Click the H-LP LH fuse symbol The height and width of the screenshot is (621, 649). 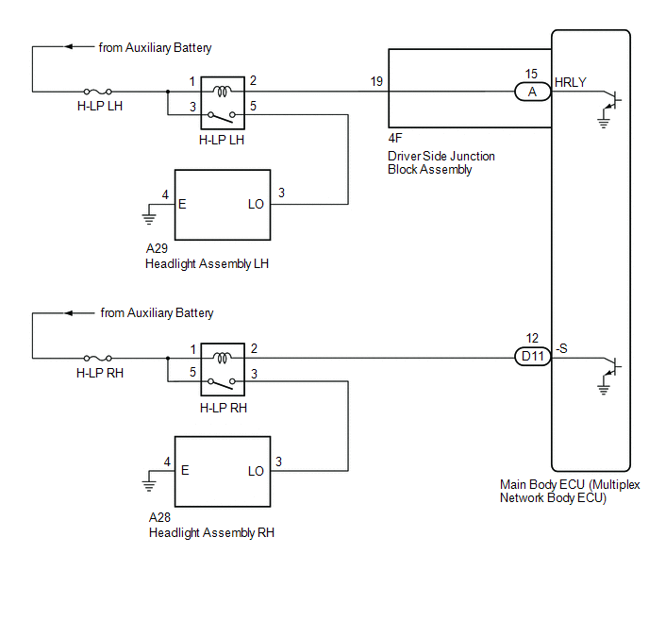98,92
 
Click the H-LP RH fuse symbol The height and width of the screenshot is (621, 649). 98,358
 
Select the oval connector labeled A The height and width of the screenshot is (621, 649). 533,92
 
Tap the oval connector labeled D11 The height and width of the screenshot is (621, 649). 533,357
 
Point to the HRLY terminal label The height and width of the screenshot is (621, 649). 571,82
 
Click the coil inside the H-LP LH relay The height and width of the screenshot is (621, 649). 223,92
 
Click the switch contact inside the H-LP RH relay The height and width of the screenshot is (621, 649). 222,383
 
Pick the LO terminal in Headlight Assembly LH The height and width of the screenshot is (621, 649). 256,204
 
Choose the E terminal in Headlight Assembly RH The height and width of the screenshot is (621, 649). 185,470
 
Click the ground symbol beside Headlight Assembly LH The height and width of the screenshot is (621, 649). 149,218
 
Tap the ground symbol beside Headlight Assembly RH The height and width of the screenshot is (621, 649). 149,485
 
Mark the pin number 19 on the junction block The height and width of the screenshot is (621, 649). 376,81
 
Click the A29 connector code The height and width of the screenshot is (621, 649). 157,248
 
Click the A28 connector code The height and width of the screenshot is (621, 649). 159,517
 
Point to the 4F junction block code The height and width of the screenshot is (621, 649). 395,139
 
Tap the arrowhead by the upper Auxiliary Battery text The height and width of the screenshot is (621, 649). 69,46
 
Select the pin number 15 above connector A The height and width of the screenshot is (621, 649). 531,75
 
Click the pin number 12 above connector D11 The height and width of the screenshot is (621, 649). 532,338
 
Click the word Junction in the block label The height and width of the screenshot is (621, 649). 473,156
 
